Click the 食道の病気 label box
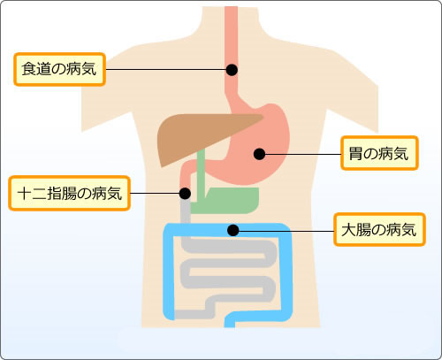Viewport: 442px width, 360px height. pos(59,70)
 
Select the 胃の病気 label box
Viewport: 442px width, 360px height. pos(379,153)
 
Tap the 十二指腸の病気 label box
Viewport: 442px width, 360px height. pos(69,194)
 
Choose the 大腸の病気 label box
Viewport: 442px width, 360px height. pos(379,230)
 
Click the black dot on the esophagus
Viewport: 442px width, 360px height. pos(232,70)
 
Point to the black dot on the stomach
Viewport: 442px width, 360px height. pos(259,154)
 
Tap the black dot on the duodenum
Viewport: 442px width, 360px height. pos(185,194)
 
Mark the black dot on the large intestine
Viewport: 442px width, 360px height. pos(233,230)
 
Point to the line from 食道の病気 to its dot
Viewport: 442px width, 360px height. pos(166,70)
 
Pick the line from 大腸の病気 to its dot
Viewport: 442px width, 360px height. pos(286,231)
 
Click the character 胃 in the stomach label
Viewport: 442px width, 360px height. pos(355,153)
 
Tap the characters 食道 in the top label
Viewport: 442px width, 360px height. pos(36,69)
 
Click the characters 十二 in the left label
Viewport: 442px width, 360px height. pos(32,194)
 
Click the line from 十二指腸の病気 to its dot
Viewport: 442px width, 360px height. pos(155,194)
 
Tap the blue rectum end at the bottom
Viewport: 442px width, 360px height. pos(230,323)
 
